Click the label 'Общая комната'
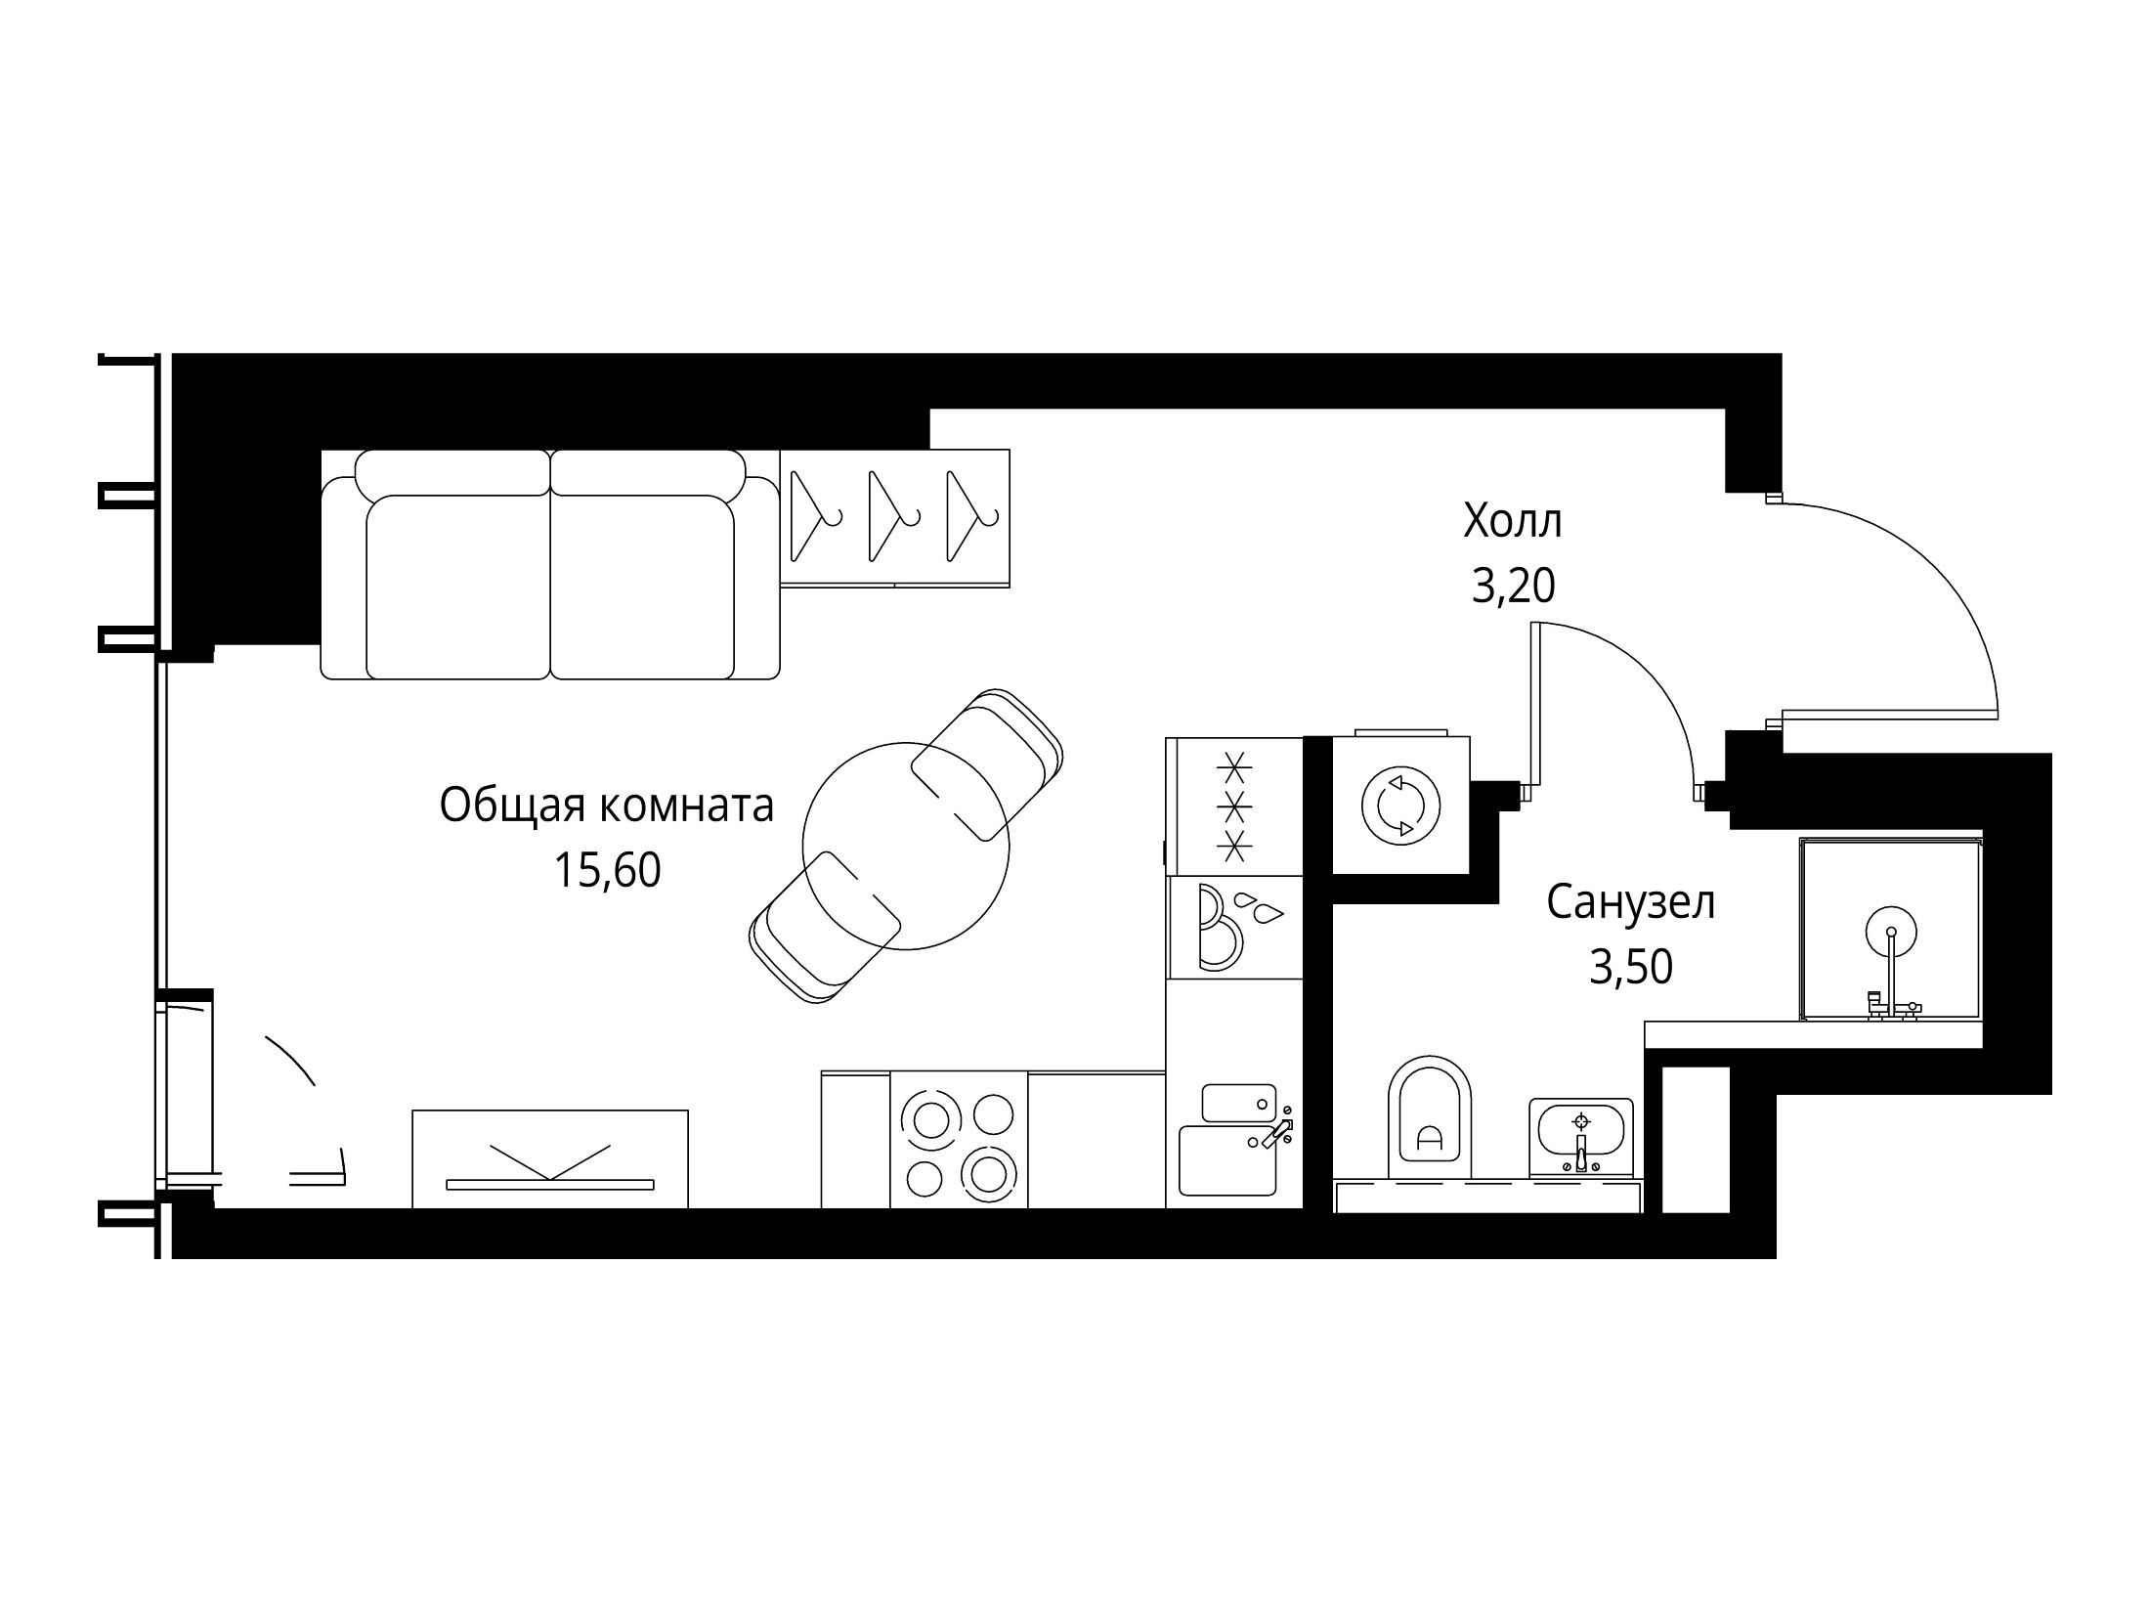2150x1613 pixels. [x=607, y=807]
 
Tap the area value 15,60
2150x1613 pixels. [x=607, y=870]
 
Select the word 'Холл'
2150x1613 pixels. [x=1513, y=521]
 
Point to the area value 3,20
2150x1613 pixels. [x=1513, y=586]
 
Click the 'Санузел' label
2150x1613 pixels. [x=1631, y=903]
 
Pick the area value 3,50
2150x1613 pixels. [x=1631, y=967]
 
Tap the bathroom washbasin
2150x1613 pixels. [x=1580, y=1137]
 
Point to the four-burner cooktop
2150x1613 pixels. [x=959, y=1140]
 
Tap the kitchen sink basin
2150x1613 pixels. [x=1228, y=1160]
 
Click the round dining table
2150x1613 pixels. [x=905, y=846]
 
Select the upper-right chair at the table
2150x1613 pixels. [x=987, y=763]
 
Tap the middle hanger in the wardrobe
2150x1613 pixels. [x=892, y=516]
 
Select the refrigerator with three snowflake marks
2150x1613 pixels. [x=1234, y=806]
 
